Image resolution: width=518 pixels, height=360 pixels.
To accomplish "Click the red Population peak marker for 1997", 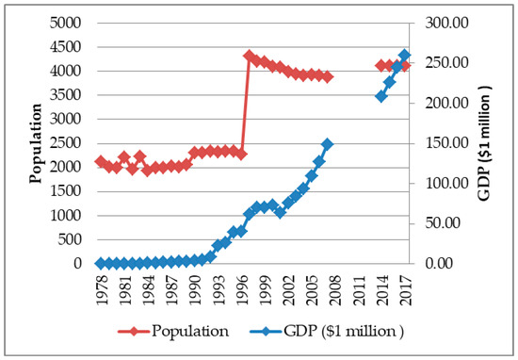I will point(249,56).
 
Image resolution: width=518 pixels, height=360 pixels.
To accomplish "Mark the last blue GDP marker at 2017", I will point(405,55).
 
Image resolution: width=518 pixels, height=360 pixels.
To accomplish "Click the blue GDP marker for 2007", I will point(327,144).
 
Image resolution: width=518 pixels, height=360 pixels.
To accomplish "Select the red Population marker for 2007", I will point(327,76).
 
